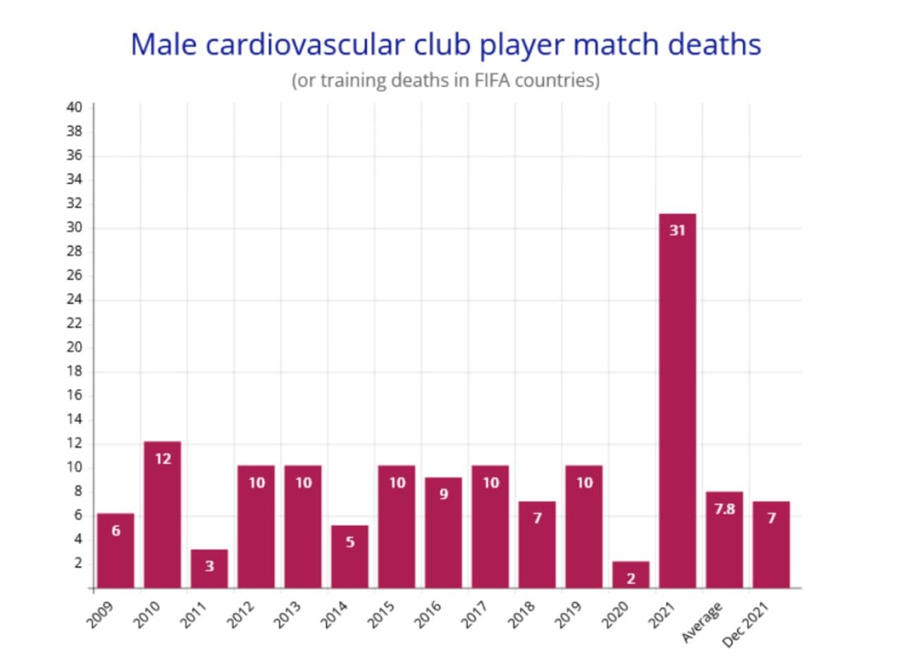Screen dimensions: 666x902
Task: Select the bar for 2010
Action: click(x=162, y=514)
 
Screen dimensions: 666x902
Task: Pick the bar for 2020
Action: click(x=631, y=574)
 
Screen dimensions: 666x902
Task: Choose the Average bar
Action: click(x=724, y=540)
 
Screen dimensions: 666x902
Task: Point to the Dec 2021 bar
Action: click(x=771, y=544)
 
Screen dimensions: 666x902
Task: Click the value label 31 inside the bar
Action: click(x=677, y=230)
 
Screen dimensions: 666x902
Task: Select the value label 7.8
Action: click(x=724, y=509)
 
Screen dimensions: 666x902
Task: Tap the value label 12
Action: click(x=163, y=459)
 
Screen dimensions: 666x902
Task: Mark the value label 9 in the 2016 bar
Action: click(x=443, y=494)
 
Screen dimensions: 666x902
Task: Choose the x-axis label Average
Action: click(x=703, y=622)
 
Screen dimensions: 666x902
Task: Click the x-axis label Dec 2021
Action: click(x=745, y=625)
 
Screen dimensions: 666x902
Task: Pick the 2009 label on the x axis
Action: click(x=101, y=614)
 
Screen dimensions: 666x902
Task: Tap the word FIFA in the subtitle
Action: click(x=488, y=80)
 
